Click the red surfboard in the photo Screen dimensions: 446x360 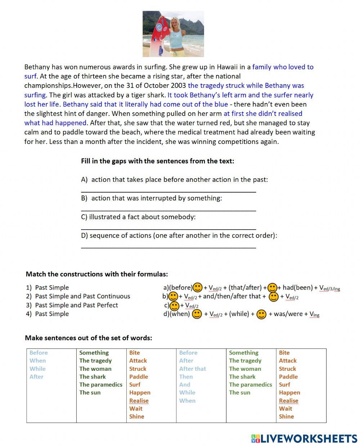click(158, 36)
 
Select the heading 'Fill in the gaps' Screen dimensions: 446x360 click(157, 161)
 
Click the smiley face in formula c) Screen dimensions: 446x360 click(175, 306)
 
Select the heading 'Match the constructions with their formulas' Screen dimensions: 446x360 click(96, 274)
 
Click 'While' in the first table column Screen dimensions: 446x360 click(37, 369)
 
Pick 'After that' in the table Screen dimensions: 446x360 click(192, 369)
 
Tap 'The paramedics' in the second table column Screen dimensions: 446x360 click(101, 384)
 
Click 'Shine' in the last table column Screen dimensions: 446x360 click(286, 416)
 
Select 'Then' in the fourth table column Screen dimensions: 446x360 click(186, 377)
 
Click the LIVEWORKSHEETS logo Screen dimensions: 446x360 click(304, 438)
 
